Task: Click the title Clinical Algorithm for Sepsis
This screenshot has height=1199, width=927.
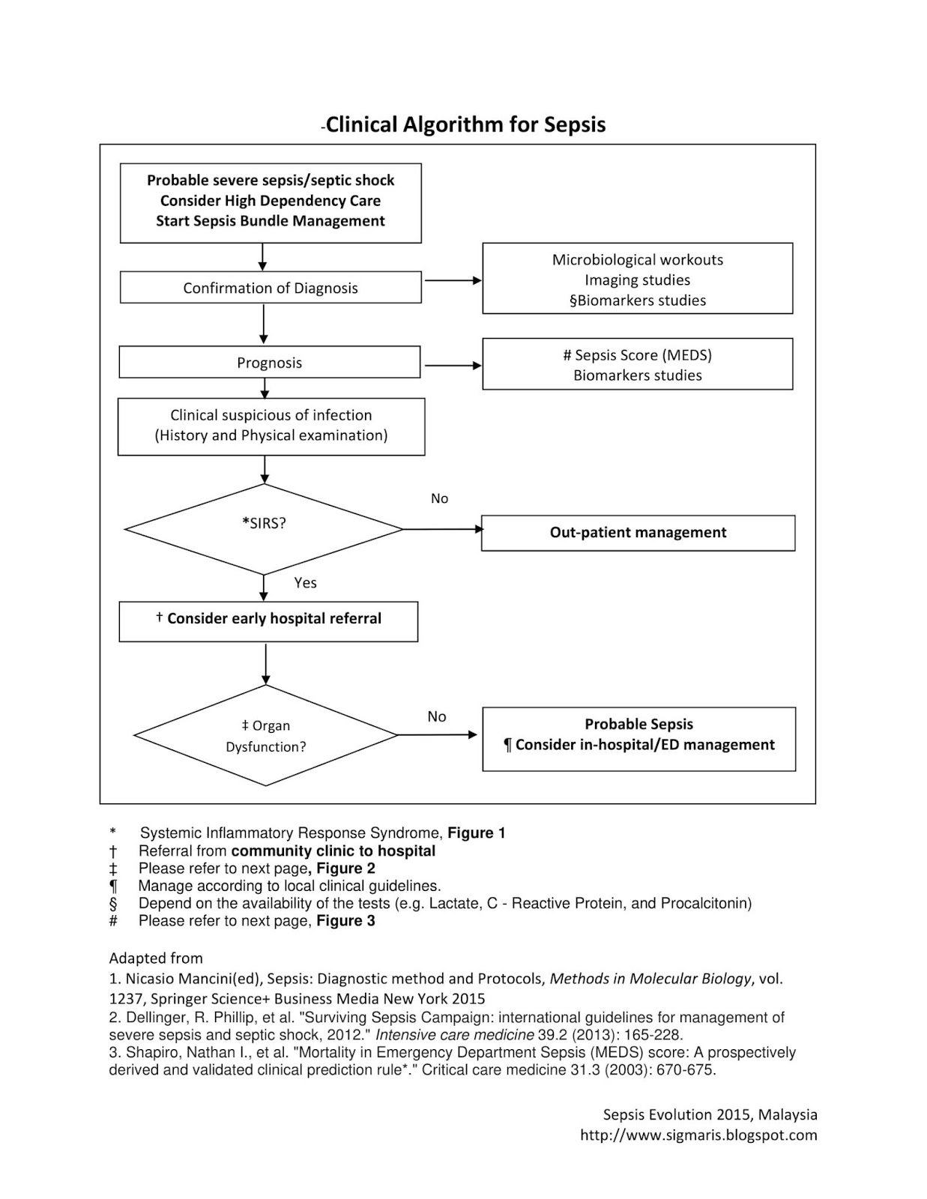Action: point(465,124)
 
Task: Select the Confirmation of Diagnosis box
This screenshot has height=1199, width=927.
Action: point(271,288)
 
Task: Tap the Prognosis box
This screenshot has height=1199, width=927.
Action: point(270,363)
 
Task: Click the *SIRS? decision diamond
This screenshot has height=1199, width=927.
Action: point(264,528)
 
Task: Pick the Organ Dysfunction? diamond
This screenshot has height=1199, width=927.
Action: point(265,736)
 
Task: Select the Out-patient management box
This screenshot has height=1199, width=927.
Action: point(638,533)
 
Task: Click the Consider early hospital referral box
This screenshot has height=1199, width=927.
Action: point(268,620)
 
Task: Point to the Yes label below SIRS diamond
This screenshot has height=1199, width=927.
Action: point(305,583)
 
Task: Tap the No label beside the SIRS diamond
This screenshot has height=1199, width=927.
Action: point(439,499)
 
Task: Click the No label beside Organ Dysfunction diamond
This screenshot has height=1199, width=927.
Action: point(437,717)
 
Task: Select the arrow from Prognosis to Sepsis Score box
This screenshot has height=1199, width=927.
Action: point(453,366)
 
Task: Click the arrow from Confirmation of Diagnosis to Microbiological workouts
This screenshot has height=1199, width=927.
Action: point(453,280)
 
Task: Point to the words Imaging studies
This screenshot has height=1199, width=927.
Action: point(638,280)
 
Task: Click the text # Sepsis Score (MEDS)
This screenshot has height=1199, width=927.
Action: point(638,355)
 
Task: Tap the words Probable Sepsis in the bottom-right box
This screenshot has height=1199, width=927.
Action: point(638,724)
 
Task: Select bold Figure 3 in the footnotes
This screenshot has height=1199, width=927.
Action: point(345,921)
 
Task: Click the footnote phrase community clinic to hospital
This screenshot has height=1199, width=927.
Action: point(333,851)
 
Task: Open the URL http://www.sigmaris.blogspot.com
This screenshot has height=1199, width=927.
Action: point(698,1135)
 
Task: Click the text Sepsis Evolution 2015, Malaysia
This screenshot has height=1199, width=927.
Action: point(710,1115)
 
